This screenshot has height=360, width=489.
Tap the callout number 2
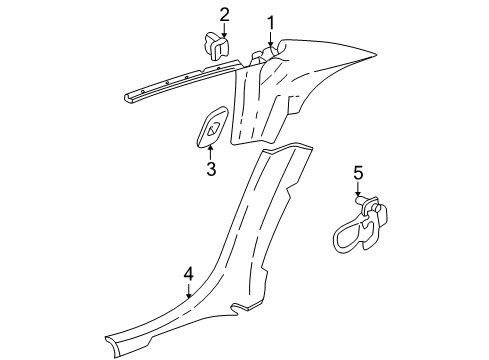(x=224, y=14)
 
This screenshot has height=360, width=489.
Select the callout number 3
(x=211, y=169)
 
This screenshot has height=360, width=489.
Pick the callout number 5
(x=358, y=176)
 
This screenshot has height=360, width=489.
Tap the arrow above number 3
(x=211, y=152)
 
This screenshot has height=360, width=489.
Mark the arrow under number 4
(x=188, y=291)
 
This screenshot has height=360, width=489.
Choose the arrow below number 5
(x=358, y=195)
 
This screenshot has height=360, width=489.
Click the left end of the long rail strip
(x=128, y=97)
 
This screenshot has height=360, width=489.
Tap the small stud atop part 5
(x=357, y=203)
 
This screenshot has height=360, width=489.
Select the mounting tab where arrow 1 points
(x=268, y=50)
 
